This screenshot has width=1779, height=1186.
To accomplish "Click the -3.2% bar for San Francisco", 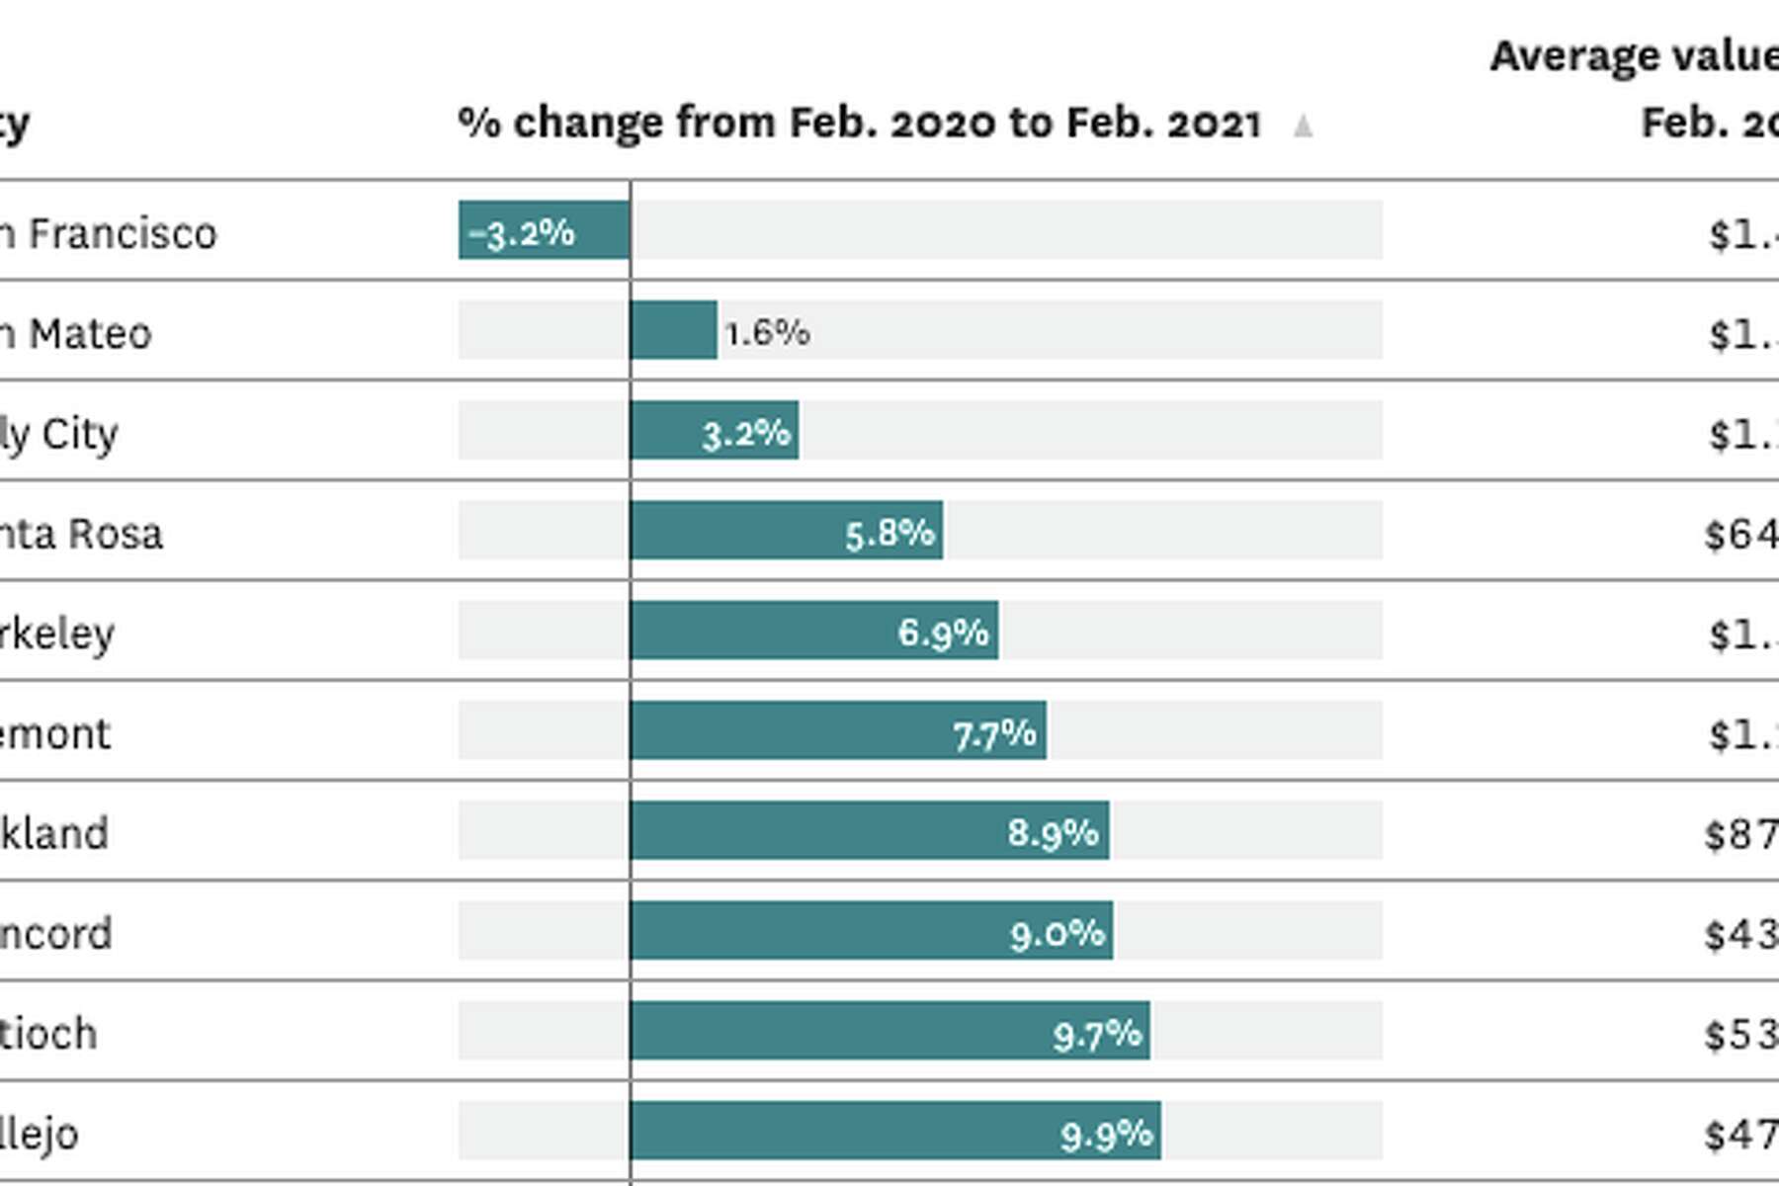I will point(544,230).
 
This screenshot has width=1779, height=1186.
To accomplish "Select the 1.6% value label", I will point(767,332).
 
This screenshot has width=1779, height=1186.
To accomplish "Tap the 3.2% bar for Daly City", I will point(714,431).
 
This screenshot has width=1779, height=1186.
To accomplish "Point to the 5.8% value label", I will point(889,533).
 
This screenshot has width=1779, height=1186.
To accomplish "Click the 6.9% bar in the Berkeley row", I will point(813,631).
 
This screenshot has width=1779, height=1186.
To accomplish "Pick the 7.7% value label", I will point(994,733).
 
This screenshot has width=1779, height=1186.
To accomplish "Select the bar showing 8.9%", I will point(870,831).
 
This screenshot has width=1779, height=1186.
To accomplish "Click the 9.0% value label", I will point(1057,932).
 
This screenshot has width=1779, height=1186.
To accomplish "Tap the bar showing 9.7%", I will point(889,1032).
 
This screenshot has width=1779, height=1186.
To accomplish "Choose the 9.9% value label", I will point(1106,1134).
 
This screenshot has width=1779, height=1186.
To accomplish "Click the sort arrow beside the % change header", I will point(1303,126).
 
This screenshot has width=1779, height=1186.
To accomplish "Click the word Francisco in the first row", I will point(123,234).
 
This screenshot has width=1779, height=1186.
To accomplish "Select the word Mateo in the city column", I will point(90,334).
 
